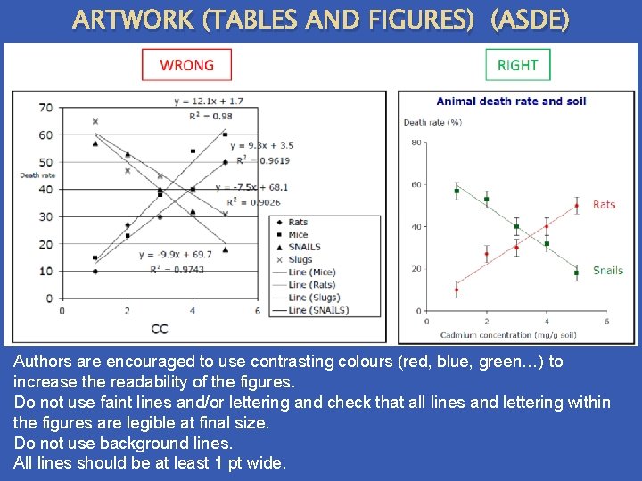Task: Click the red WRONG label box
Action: pyautogui.click(x=186, y=65)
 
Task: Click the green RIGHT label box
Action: pyautogui.click(x=517, y=65)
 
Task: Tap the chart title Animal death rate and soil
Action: pyautogui.click(x=511, y=101)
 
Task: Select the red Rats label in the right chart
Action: pyautogui.click(x=604, y=205)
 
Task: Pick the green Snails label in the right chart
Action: pyautogui.click(x=607, y=270)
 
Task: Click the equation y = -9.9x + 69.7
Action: pyautogui.click(x=176, y=255)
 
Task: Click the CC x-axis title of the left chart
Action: pyautogui.click(x=159, y=329)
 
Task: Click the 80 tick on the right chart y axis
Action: pyautogui.click(x=416, y=143)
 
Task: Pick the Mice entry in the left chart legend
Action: pyautogui.click(x=297, y=234)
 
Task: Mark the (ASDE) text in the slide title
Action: pyautogui.click(x=529, y=20)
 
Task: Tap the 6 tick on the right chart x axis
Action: pyautogui.click(x=606, y=321)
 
